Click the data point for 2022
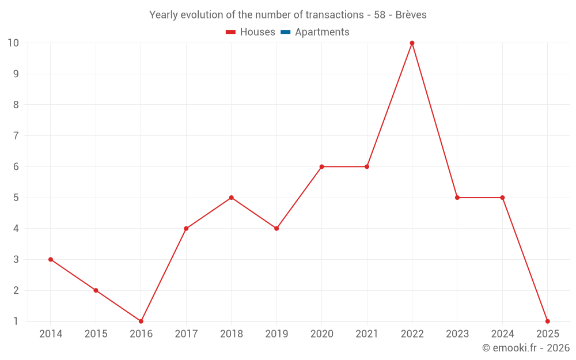[412, 43]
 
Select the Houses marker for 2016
[141, 321]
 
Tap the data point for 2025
[547, 321]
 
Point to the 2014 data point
[51, 259]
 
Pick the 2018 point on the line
[231, 198]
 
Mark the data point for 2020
[321, 166]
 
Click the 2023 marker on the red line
[457, 198]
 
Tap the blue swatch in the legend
[285, 32]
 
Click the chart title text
[288, 15]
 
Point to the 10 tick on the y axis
[13, 43]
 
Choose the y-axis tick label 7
[16, 136]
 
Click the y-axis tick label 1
[16, 321]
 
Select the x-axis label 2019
[276, 334]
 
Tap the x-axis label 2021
[367, 334]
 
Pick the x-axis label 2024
[502, 334]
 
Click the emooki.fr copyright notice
[525, 348]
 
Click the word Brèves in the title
[411, 15]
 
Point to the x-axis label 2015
[96, 334]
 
